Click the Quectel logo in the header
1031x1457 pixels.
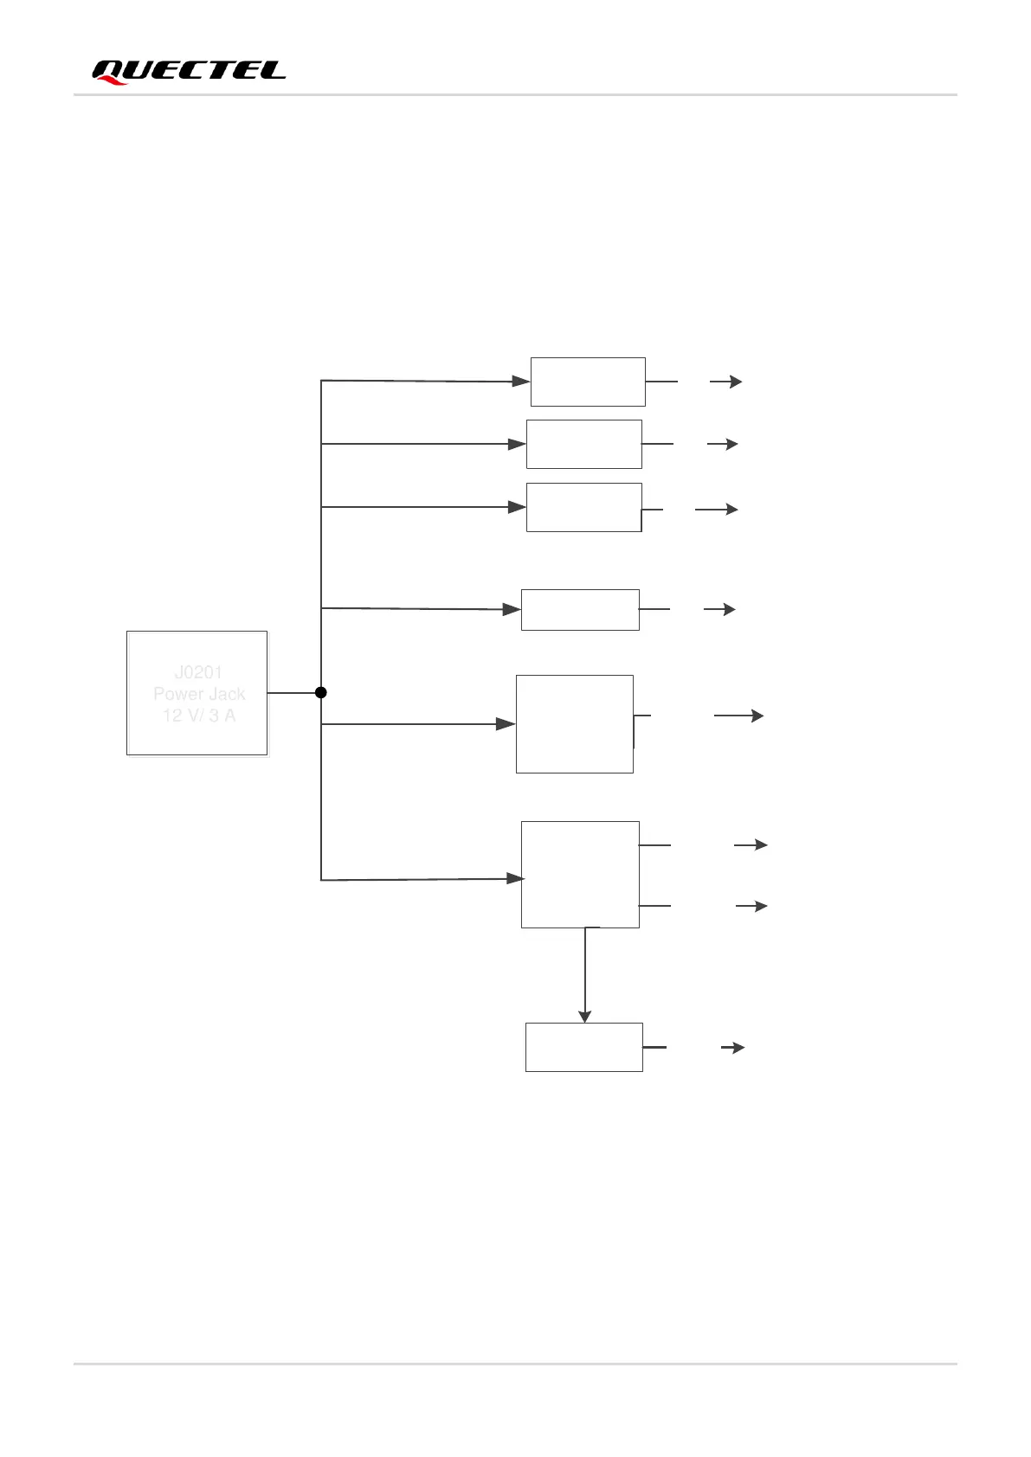189,71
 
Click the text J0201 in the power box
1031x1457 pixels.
198,672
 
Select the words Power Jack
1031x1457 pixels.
199,694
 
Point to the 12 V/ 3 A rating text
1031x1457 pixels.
199,716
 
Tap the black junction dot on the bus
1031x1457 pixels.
320,692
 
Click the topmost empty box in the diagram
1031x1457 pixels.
588,382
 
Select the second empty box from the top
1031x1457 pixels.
584,444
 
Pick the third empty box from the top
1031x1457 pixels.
584,507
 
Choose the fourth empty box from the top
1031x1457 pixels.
580,610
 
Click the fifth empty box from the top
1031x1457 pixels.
575,724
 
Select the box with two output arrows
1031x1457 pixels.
580,875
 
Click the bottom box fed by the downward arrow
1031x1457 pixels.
584,1047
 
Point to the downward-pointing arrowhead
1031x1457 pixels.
585,1017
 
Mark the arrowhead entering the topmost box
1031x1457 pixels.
521,381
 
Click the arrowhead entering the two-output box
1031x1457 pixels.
516,878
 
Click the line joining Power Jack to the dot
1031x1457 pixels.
293,693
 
